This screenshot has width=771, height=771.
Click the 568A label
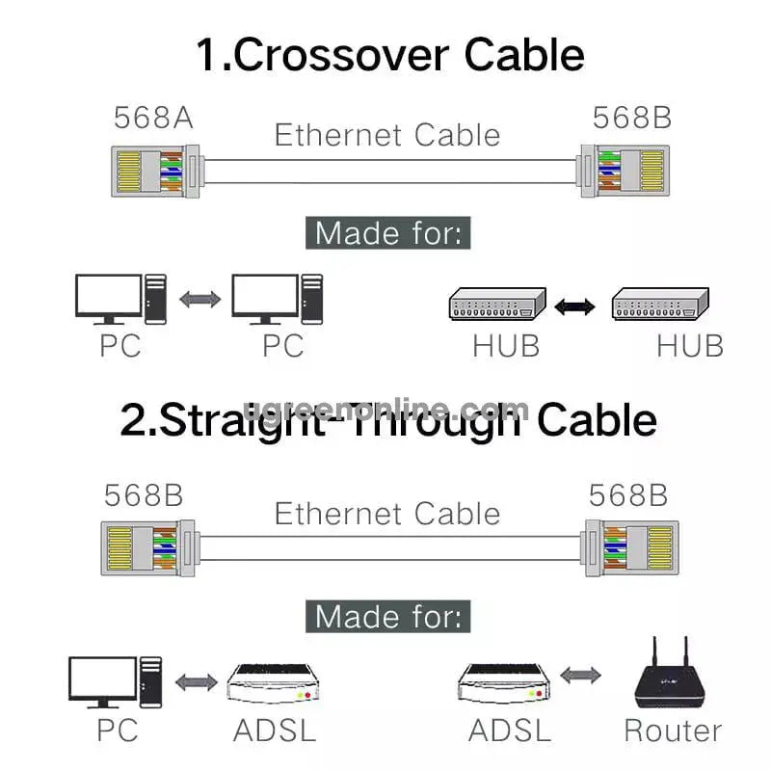[154, 118]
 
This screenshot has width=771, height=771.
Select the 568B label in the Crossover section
[632, 118]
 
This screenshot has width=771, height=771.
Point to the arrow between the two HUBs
[577, 306]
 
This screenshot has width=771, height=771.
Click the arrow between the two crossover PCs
[199, 300]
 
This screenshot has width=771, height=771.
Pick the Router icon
[672, 675]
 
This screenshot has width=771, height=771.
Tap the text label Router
[672, 730]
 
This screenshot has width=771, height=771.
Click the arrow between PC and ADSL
[196, 681]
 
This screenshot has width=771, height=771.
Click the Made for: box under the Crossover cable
[388, 233]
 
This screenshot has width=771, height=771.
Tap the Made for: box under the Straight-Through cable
[388, 616]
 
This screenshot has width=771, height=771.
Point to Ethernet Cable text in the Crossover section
[387, 134]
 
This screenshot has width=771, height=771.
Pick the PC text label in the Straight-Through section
[118, 730]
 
